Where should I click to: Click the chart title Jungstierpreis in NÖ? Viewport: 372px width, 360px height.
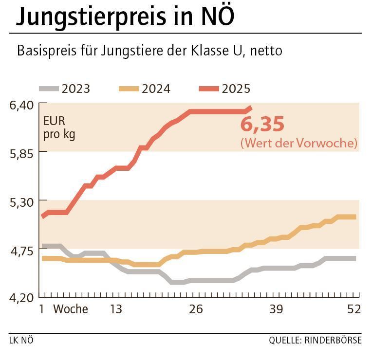point(125,17)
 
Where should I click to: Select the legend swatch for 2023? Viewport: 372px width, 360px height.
point(49,89)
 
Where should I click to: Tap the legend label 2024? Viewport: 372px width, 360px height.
point(156,89)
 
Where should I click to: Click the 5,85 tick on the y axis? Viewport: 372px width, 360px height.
point(21,152)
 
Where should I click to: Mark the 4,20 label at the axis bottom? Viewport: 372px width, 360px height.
point(21,297)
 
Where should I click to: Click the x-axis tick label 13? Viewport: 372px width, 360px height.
point(116,309)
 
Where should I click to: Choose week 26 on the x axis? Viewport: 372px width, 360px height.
point(196,309)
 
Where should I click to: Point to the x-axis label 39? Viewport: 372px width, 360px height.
point(276,309)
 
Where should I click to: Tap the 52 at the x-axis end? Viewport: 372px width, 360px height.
point(354,309)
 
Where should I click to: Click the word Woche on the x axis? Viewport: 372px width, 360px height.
point(71,309)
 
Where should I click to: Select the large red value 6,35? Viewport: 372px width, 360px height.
point(262,125)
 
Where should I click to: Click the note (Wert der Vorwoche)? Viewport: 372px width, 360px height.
point(298,144)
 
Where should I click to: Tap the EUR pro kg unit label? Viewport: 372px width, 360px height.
point(59,127)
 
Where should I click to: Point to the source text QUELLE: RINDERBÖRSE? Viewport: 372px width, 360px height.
point(315,340)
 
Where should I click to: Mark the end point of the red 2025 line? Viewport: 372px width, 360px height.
point(250,108)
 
